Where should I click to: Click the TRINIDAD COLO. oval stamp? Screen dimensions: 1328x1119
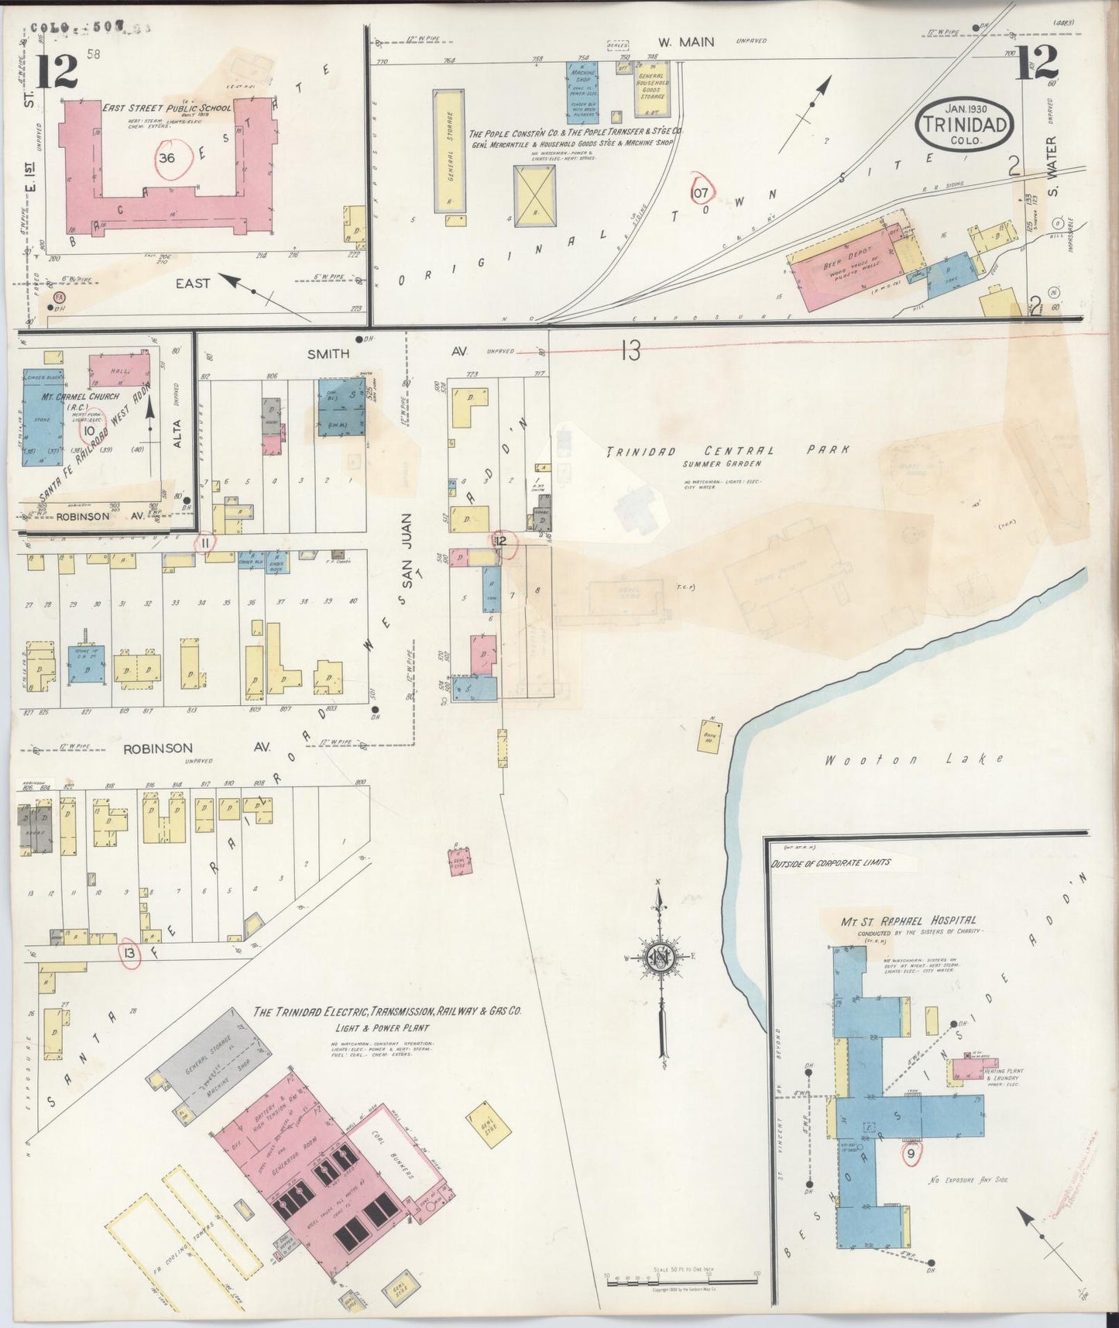963,123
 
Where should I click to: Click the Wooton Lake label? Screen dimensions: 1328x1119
914,759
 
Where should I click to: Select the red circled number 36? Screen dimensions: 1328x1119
166,158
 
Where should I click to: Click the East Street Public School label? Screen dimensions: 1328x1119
167,108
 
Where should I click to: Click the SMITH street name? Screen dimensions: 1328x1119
328,353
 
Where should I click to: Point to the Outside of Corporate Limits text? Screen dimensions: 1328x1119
830,862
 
